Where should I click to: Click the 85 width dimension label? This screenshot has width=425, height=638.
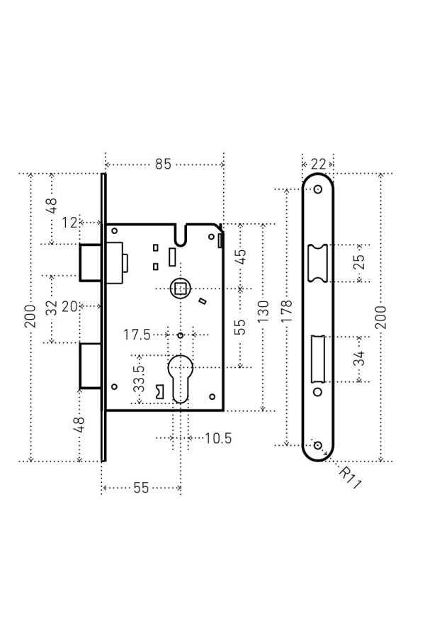pos(163,164)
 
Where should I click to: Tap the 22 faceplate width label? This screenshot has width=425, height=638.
pos(318,164)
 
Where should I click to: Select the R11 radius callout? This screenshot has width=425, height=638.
pos(348,476)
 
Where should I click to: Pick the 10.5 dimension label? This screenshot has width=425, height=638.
pos(218,438)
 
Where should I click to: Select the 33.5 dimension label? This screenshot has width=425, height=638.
pos(140,380)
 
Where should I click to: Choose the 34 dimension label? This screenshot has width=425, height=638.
pos(359,358)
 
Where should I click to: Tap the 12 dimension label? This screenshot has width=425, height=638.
pos(69,223)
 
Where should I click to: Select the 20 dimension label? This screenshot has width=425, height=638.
pos(69,306)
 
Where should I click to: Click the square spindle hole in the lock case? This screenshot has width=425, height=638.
pos(181,288)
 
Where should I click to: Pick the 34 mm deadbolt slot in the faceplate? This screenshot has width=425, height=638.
pos(317,358)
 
